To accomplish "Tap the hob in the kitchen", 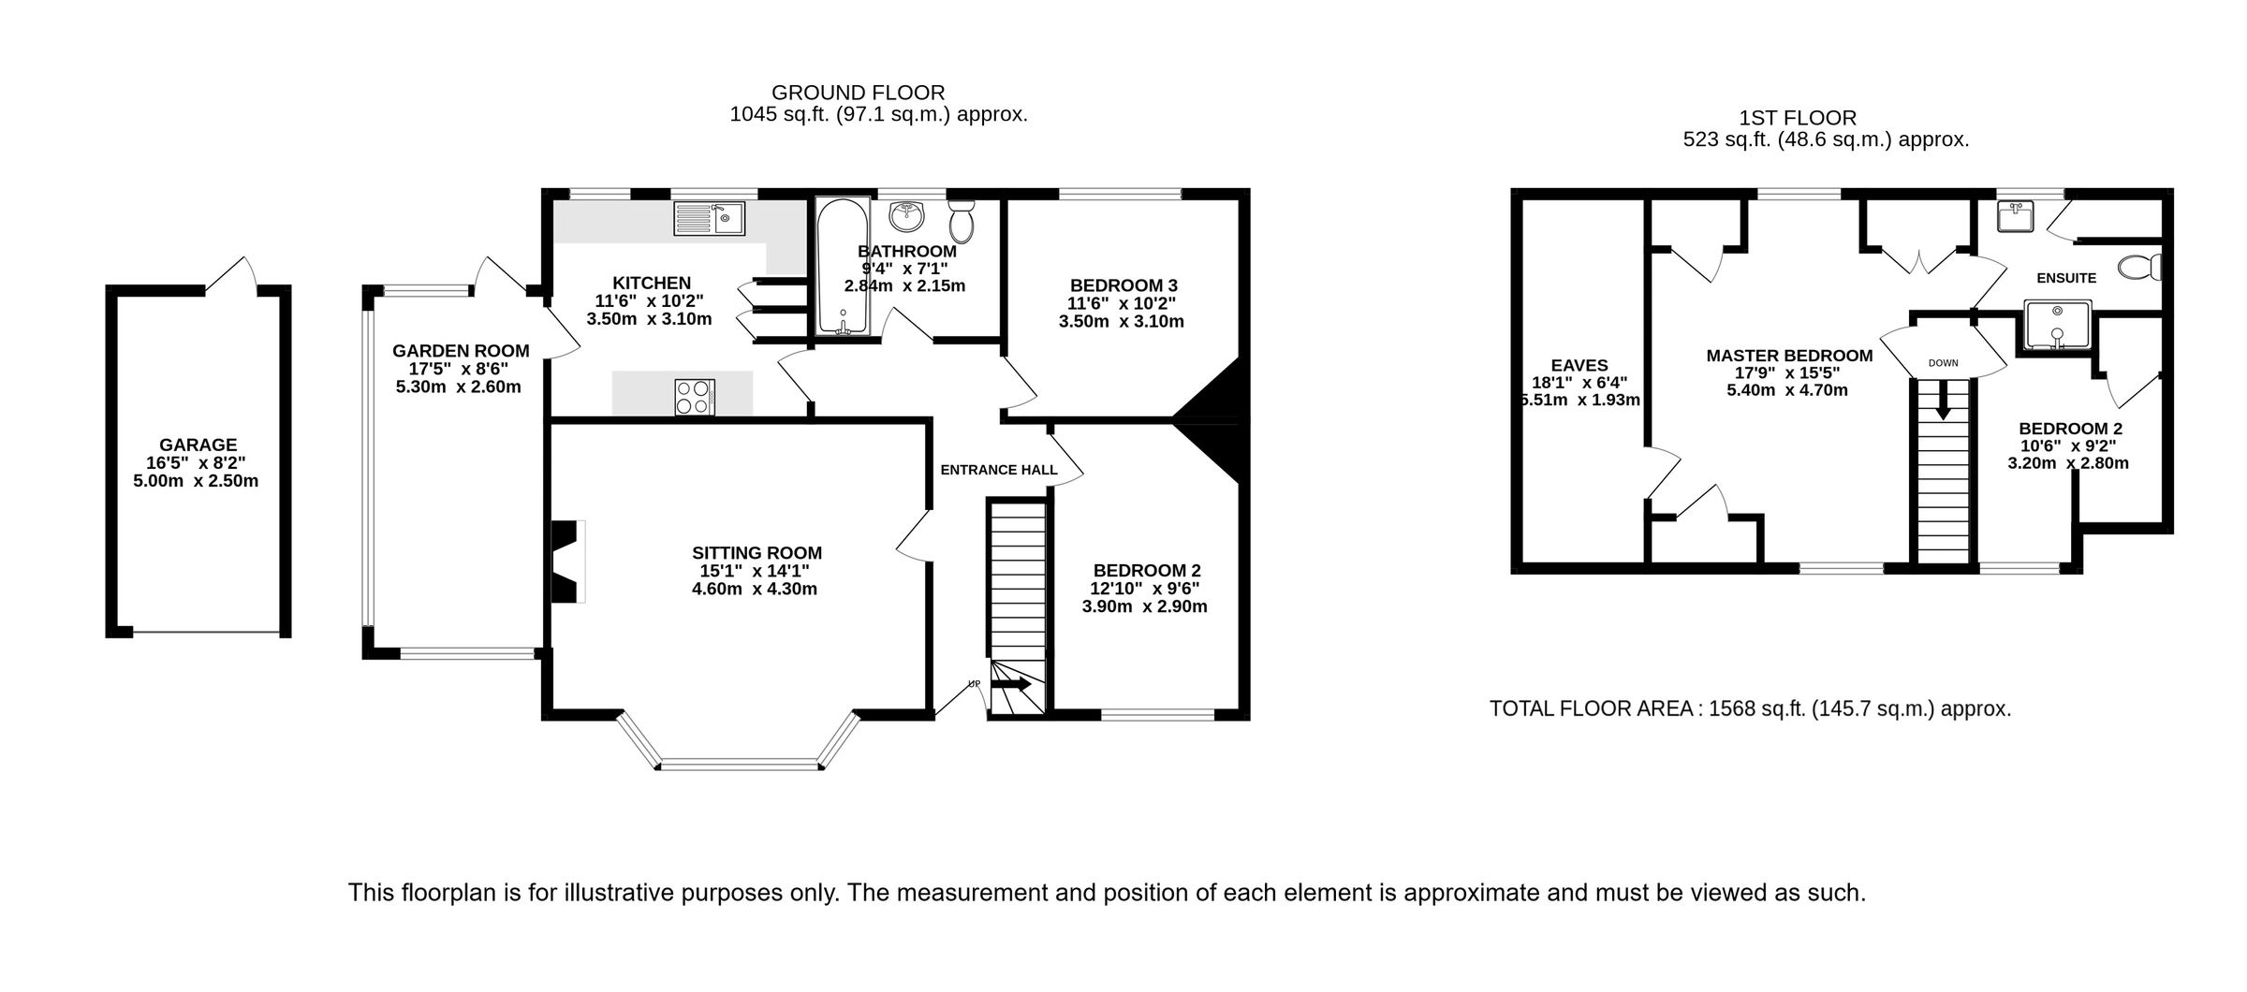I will (695, 396).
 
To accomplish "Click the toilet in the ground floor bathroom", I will (962, 221).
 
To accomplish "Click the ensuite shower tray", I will (2057, 326).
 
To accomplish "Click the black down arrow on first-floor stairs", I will (1943, 400).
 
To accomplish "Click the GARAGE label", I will (198, 445).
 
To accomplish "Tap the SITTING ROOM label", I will (756, 553).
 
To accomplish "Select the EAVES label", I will (1579, 366).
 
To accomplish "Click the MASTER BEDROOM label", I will (1789, 356).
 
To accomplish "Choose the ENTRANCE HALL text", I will (998, 470).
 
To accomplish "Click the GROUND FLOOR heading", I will (858, 93).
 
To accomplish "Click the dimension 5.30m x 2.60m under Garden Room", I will (458, 387).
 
